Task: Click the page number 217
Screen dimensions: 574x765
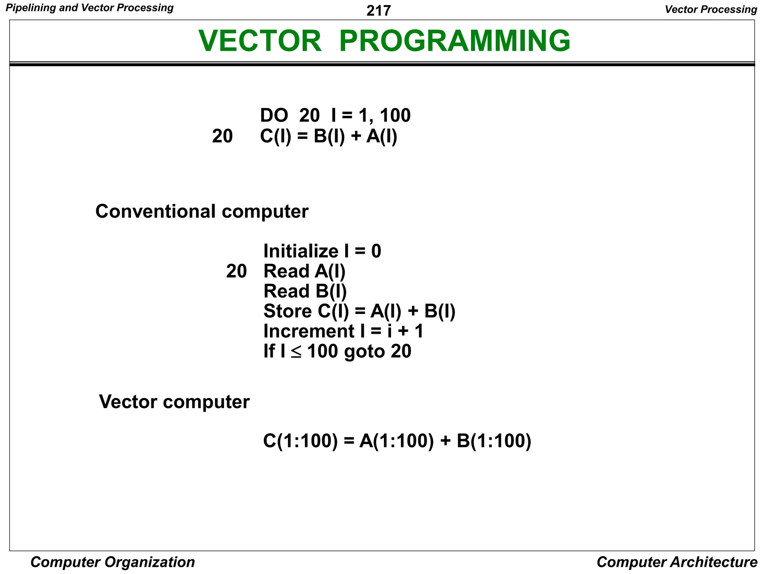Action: pos(378,11)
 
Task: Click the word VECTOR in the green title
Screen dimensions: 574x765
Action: pos(260,41)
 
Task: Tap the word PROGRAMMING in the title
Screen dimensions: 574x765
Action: pos(455,41)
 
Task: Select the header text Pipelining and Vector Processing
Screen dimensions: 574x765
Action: pos(90,8)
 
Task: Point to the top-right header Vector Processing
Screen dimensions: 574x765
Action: pos(711,9)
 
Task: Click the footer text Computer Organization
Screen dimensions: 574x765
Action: pos(112,562)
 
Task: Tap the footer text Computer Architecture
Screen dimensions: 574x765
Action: pos(677,562)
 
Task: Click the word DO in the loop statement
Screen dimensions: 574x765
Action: pos(274,115)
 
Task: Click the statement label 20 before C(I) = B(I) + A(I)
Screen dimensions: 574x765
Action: pos(222,136)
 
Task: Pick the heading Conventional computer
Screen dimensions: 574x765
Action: pos(202,212)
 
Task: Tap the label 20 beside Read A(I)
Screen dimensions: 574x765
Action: pos(236,271)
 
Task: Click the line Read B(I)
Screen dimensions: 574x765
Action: pos(305,291)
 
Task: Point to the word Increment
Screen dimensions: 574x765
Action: pos(309,331)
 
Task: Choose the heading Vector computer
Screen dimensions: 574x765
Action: pos(174,402)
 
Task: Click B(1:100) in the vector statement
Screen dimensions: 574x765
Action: pos(494,441)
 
